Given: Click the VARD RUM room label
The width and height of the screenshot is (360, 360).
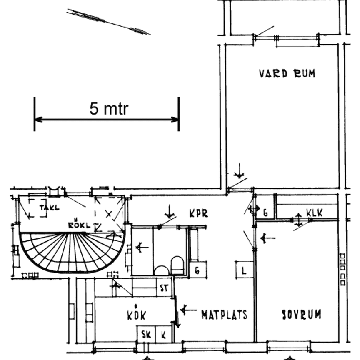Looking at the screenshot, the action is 287,74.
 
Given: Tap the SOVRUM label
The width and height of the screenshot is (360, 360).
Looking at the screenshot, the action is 301,315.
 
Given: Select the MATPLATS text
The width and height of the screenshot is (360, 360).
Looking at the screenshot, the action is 224,315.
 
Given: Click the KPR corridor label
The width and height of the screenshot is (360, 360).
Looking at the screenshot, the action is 199,213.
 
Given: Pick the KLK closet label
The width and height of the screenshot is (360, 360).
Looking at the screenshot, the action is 314,213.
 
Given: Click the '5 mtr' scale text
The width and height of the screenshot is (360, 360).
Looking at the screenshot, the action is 109,108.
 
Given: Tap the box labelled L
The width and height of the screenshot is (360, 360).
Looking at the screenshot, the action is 245,270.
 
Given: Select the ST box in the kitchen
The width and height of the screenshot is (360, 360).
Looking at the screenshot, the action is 164,287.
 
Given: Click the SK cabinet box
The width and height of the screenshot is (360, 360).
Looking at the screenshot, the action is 146,334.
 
